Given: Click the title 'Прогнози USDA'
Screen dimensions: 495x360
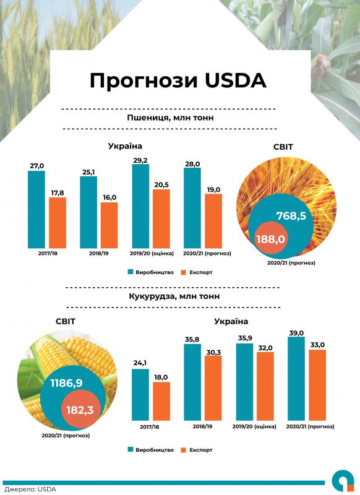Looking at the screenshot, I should tap(178, 81).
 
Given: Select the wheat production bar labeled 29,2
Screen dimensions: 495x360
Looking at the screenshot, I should tap(140, 210).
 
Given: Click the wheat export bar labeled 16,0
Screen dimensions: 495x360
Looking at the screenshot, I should tap(109, 225).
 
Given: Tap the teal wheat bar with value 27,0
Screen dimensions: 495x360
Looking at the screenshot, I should tap(36, 209).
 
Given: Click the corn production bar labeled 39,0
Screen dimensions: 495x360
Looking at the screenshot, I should tap(296, 378).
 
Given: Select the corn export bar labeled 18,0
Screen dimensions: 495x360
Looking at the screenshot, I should tap(161, 401).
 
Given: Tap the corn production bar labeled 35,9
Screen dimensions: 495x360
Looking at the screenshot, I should tap(244, 381).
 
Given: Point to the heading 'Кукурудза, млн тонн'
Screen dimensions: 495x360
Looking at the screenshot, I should tap(174, 296).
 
